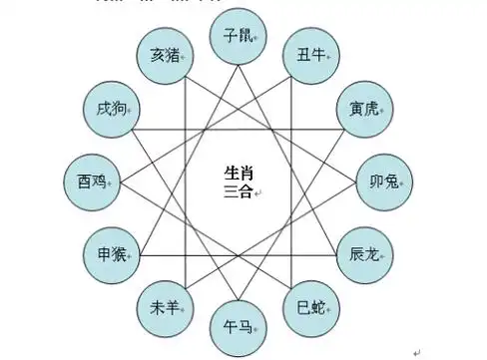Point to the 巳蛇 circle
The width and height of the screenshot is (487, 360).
click(310, 306)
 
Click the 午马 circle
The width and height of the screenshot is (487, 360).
click(237, 324)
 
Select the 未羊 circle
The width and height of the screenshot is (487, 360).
click(163, 306)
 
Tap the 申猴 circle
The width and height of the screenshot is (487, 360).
click(110, 253)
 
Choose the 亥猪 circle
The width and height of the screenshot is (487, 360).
click(163, 57)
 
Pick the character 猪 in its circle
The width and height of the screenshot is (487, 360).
click(172, 57)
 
